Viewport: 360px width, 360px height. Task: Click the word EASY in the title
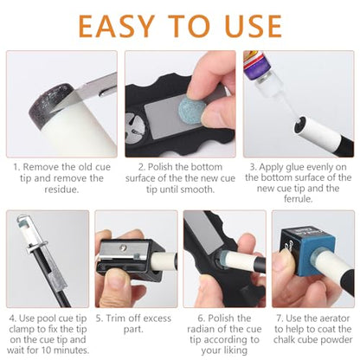click(x=117, y=26)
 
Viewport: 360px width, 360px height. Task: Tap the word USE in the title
click(x=254, y=26)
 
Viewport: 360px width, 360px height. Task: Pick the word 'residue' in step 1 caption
click(x=61, y=190)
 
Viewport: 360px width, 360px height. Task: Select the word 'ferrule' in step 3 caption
click(x=298, y=199)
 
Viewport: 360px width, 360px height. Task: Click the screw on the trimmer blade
click(x=125, y=247)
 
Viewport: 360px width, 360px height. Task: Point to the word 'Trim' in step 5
click(x=116, y=318)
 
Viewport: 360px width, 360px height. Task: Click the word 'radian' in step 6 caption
click(x=202, y=329)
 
